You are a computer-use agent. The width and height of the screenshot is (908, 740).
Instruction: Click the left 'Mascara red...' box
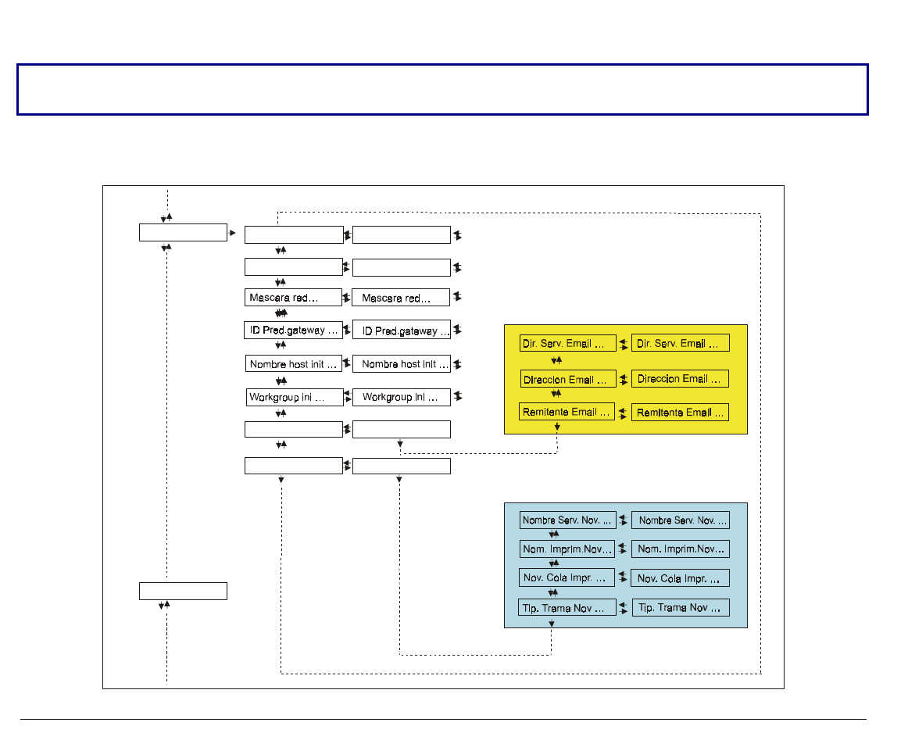(294, 298)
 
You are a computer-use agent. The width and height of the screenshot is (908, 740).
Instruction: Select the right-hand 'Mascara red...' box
(402, 298)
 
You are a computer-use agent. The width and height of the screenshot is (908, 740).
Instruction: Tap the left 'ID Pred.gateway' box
(293, 330)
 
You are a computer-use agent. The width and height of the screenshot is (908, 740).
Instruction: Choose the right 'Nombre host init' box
(402, 363)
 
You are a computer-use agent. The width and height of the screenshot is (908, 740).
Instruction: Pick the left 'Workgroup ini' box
(295, 397)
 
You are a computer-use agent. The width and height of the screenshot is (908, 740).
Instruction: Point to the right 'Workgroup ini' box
(402, 397)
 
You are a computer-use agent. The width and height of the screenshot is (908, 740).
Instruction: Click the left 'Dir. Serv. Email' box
(567, 343)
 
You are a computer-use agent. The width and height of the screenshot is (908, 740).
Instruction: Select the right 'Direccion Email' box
(681, 379)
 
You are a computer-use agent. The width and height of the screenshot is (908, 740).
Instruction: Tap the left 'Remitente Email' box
(567, 412)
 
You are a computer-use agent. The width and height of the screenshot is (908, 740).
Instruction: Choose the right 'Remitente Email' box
(681, 413)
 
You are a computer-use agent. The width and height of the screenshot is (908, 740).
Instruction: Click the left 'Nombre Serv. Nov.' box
(567, 520)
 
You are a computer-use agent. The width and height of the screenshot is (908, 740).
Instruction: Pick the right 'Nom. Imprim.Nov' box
(681, 549)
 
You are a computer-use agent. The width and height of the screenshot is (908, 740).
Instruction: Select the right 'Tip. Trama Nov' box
(681, 607)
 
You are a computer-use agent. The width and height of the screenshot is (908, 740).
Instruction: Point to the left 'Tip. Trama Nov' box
(567, 607)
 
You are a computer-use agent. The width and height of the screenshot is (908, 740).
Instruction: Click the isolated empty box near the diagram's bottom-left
(183, 592)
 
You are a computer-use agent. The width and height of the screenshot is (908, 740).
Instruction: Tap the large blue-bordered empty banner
(442, 90)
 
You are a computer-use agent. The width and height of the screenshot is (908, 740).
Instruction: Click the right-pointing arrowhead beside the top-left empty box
(233, 233)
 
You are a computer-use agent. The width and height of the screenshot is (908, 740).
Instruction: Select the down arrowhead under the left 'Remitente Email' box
(557, 427)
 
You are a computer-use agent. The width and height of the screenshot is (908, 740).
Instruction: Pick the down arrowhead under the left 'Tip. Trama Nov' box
(552, 624)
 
